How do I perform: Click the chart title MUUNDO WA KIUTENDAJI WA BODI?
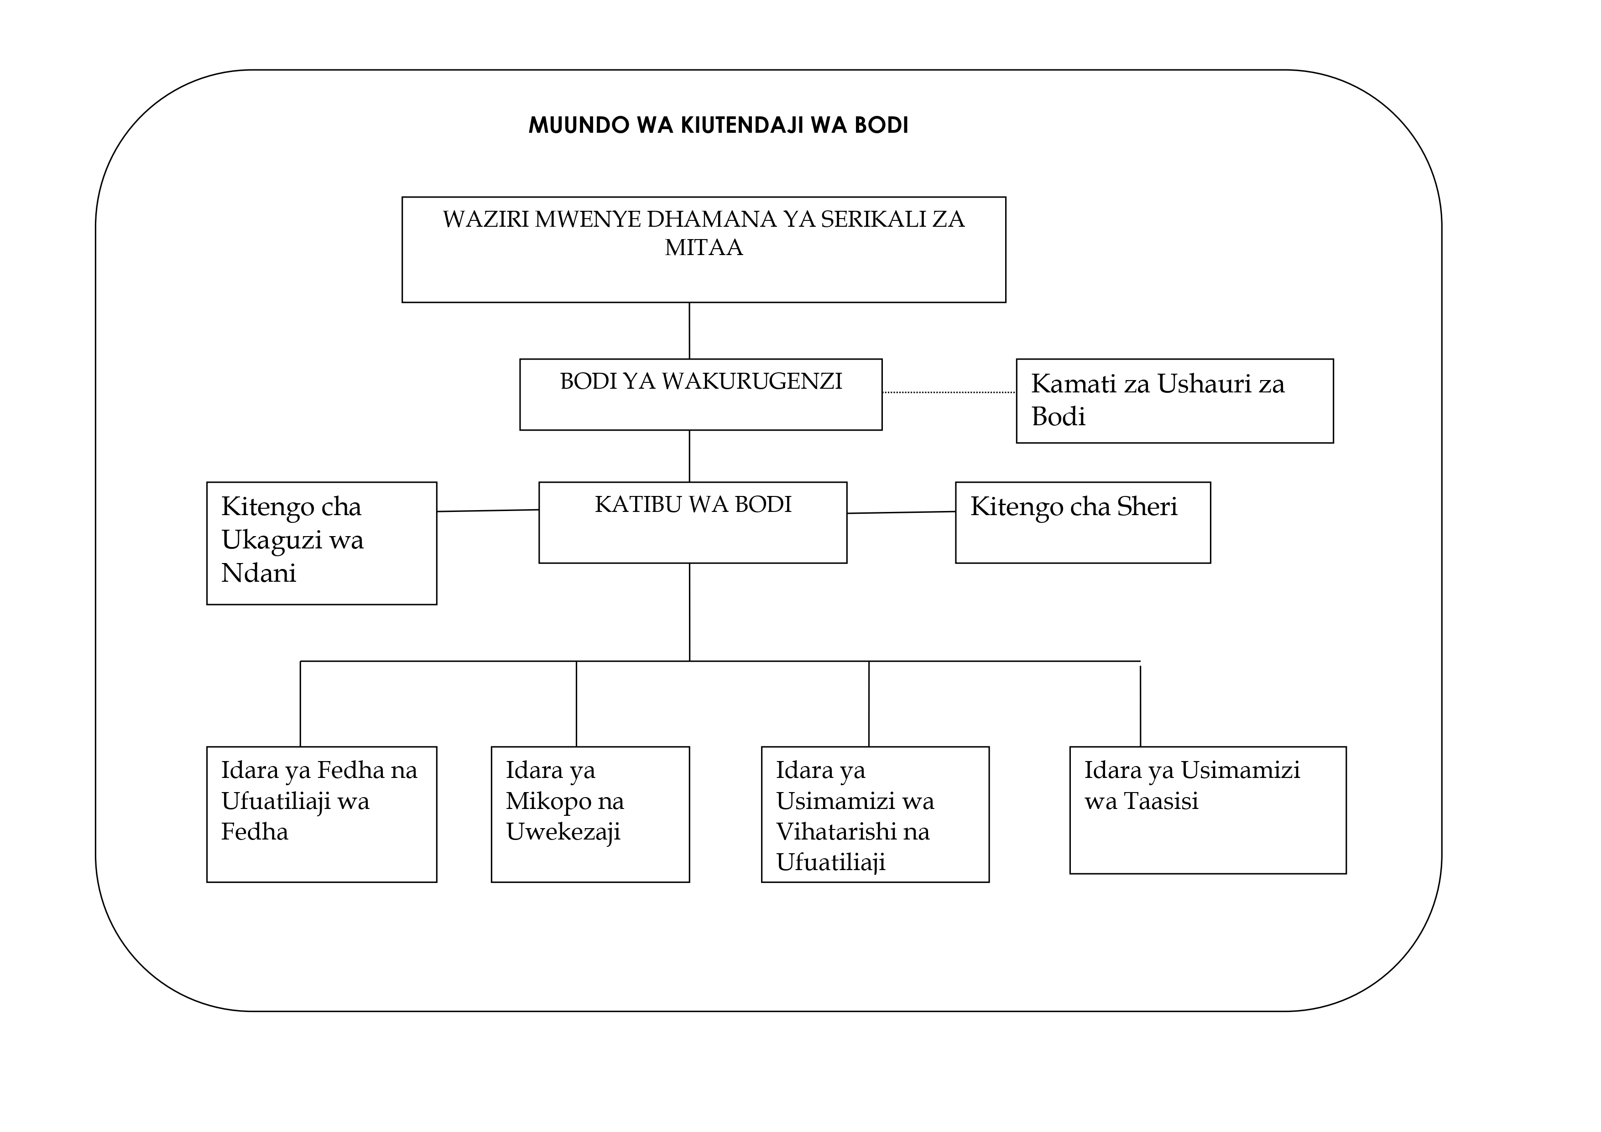coord(718,125)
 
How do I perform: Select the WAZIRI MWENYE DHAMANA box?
coord(704,250)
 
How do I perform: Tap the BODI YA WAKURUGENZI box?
coord(701,395)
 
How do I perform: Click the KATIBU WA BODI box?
coord(693,522)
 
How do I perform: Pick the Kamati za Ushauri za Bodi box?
coord(1175,401)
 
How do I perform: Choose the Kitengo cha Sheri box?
coord(1083,522)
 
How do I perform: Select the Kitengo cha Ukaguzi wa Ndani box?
coord(322,543)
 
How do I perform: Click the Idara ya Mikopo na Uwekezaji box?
coord(590,814)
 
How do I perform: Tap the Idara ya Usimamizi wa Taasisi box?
coord(1208,810)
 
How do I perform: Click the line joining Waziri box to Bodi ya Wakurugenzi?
coord(689,331)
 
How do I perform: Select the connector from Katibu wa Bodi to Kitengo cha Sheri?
coord(902,513)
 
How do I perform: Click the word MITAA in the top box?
coord(704,248)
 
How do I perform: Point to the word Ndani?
coord(259,574)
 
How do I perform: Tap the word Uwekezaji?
coord(563,833)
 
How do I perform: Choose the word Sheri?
coord(1147,506)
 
